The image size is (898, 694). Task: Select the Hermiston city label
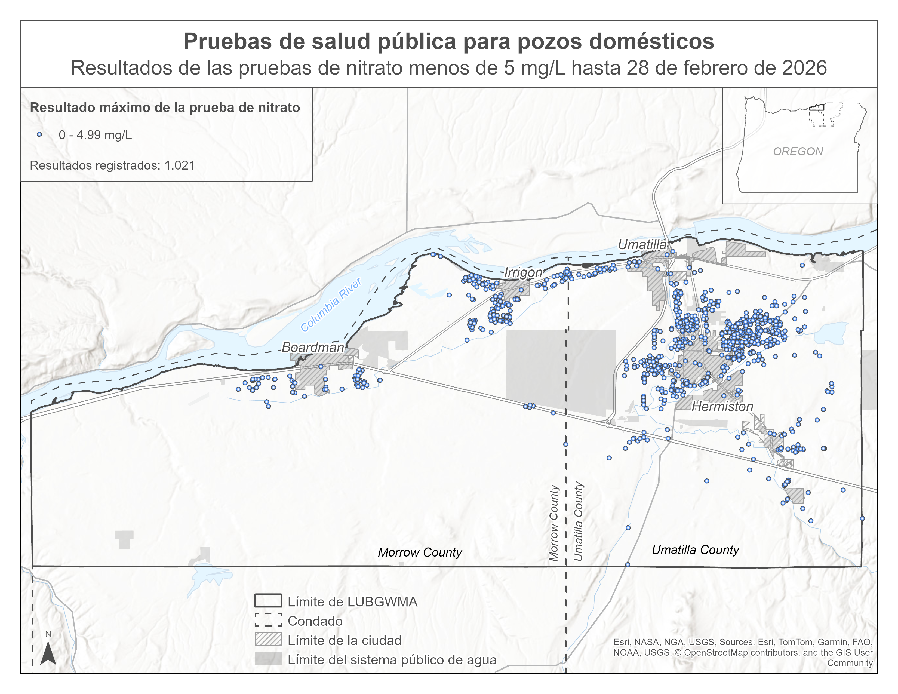click(x=722, y=407)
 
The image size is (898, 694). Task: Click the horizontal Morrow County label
click(x=420, y=552)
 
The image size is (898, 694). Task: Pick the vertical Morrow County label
click(x=554, y=523)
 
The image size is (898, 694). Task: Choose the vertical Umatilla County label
click(x=579, y=521)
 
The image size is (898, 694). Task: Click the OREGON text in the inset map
click(x=798, y=152)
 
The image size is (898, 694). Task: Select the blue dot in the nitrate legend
click(x=39, y=134)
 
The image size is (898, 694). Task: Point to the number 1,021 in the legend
click(x=179, y=165)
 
